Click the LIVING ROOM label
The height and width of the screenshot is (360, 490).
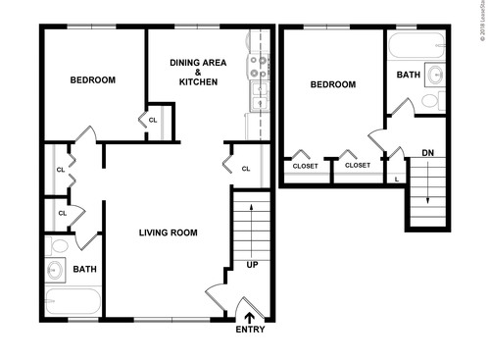[168, 233]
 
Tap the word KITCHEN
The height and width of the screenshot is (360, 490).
[198, 82]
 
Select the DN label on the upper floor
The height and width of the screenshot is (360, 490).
[428, 153]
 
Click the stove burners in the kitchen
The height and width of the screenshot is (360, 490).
[260, 65]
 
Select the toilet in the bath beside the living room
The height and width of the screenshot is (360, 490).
[59, 246]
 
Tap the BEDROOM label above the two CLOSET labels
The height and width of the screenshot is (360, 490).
[332, 85]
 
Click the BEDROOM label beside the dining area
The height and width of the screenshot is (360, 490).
[93, 80]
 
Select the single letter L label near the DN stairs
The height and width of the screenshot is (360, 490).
[396, 179]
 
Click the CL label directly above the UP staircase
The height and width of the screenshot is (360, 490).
[246, 169]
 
